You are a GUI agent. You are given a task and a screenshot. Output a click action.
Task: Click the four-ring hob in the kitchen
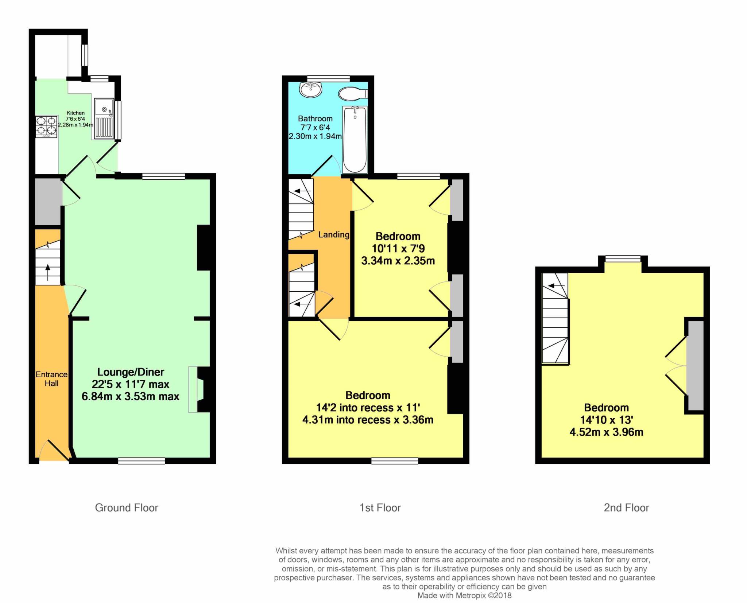tap(47, 126)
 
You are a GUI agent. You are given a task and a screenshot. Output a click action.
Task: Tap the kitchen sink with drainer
tap(104, 119)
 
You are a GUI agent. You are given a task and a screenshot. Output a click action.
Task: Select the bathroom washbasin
tap(310, 89)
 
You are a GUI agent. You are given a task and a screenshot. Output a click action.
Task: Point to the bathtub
tap(355, 139)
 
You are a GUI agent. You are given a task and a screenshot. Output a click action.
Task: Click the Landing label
tap(333, 235)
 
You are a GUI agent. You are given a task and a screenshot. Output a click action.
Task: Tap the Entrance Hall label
tap(51, 379)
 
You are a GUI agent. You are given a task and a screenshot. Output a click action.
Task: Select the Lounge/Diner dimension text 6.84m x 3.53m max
tap(131, 396)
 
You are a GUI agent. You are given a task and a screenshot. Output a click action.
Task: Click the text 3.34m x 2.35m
tap(398, 261)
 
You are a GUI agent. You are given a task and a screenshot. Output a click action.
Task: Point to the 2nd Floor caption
tap(626, 508)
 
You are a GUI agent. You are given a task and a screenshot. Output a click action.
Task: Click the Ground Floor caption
tap(127, 508)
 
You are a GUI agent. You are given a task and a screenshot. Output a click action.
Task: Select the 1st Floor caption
tap(380, 508)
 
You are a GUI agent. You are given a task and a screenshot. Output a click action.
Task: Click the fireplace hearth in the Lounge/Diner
tap(193, 389)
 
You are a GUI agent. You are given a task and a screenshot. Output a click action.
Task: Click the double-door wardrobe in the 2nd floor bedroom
tap(695, 366)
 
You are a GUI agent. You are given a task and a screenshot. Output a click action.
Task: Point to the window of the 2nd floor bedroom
tap(623, 259)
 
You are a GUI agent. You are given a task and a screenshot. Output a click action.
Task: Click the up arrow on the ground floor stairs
tap(48, 273)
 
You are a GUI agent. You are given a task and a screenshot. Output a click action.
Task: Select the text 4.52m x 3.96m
tap(606, 432)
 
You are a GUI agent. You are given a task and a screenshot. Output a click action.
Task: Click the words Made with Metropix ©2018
tap(464, 596)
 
